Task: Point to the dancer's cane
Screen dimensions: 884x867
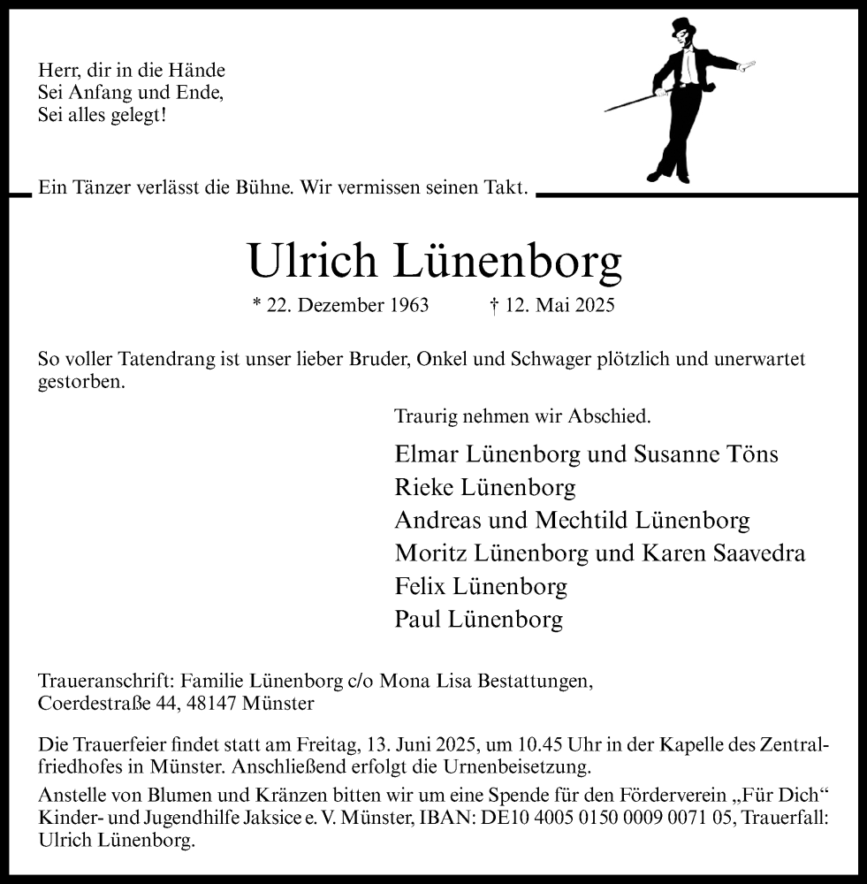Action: (636, 99)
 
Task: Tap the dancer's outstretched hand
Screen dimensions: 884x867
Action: (749, 64)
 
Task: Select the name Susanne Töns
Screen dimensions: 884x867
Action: (706, 454)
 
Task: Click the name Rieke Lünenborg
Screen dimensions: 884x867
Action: (485, 487)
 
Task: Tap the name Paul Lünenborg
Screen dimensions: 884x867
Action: (478, 620)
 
